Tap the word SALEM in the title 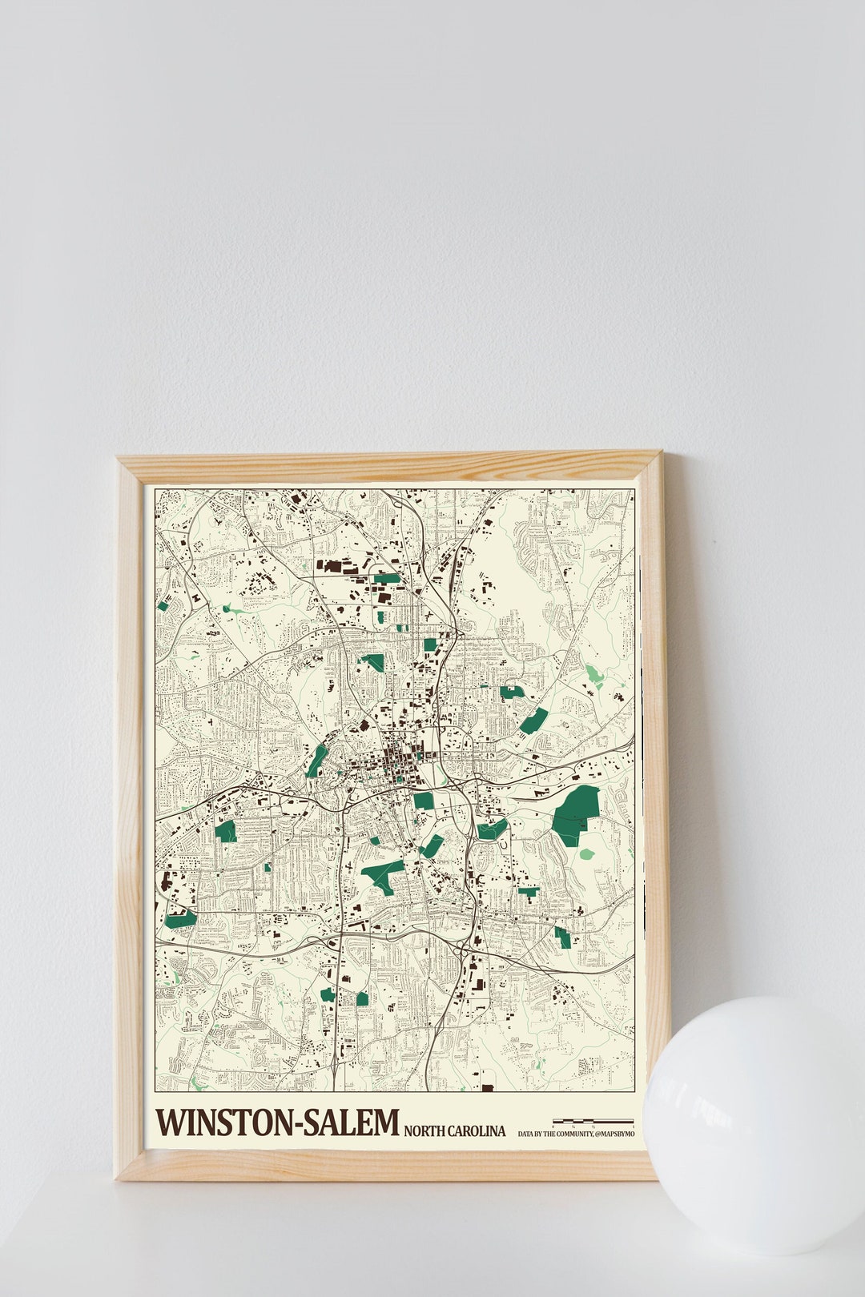(x=352, y=1122)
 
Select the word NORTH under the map (x=424, y=1130)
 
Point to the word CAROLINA (x=477, y=1130)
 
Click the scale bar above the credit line (x=593, y=1121)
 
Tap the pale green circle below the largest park (x=587, y=853)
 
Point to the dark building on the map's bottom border (x=488, y=1086)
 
